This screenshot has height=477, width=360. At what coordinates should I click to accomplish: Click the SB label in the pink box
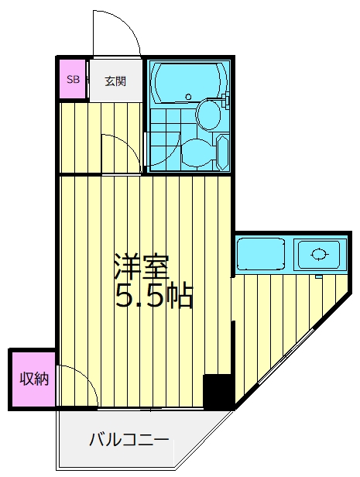click(73, 80)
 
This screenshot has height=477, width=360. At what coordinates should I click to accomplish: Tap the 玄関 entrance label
click(115, 81)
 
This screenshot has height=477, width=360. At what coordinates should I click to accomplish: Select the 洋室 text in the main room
click(142, 267)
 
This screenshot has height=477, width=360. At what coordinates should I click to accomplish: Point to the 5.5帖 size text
click(154, 295)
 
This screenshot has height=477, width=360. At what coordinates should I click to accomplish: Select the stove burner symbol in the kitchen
click(317, 253)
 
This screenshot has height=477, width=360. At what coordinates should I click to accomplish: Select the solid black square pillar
click(218, 390)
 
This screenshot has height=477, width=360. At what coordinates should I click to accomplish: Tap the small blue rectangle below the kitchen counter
click(318, 276)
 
